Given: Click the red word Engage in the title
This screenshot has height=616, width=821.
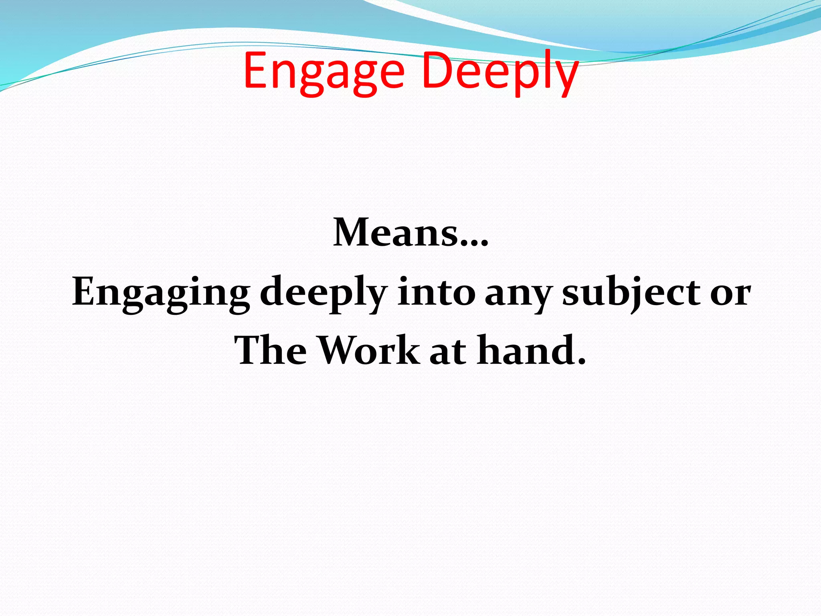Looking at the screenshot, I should (324, 72).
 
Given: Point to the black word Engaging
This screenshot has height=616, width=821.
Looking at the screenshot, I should (161, 293).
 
